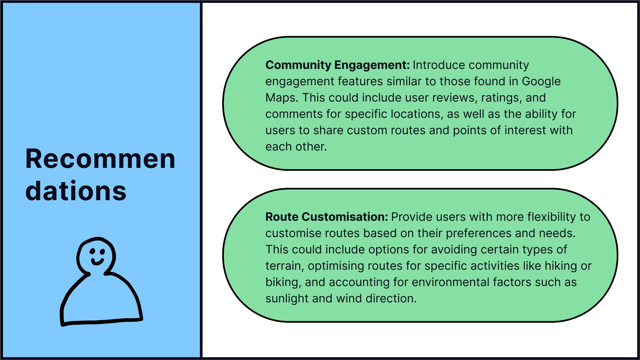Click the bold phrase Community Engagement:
pyautogui.click(x=337, y=65)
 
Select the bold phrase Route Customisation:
pyautogui.click(x=326, y=217)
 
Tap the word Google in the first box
pyautogui.click(x=541, y=81)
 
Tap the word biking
pyautogui.click(x=283, y=282)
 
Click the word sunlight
pyautogui.click(x=287, y=298)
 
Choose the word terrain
pyautogui.click(x=285, y=266)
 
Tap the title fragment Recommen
pyautogui.click(x=100, y=159)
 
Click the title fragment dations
pyautogui.click(x=76, y=191)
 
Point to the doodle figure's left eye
pyautogui.click(x=92, y=251)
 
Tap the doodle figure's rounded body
pyautogui.click(x=100, y=300)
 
